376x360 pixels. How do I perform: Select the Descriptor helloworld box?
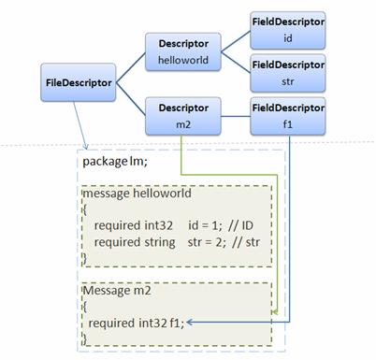point(182,51)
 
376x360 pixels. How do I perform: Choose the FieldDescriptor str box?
point(288,72)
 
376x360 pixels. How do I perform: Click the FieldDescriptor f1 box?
point(288,115)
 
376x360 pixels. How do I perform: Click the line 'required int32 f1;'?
point(137,324)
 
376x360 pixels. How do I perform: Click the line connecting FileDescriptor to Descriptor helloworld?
point(131,67)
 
